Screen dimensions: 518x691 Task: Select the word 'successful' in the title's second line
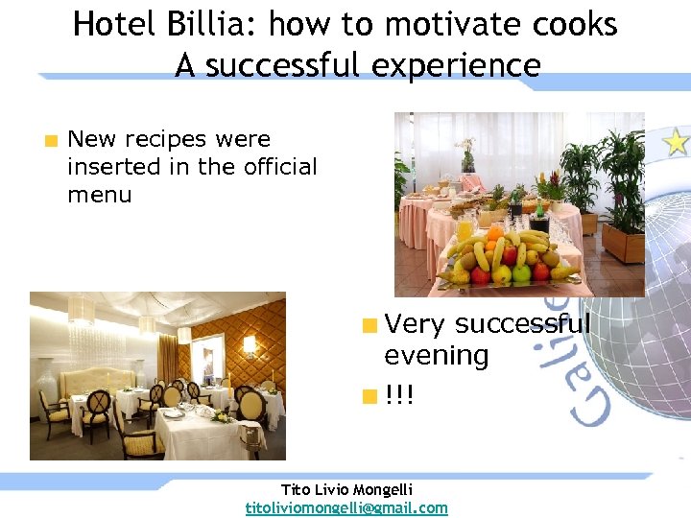(289, 65)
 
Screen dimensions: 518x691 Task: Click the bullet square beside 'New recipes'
(50, 141)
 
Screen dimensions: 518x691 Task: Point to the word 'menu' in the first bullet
(99, 195)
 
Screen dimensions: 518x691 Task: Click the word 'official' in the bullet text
(276, 167)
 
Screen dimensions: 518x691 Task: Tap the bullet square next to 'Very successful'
(368, 325)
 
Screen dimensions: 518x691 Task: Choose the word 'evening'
(436, 356)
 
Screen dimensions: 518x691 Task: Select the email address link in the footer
(346, 507)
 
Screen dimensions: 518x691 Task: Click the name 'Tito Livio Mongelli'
(345, 488)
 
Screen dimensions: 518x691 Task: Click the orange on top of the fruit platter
(495, 232)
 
